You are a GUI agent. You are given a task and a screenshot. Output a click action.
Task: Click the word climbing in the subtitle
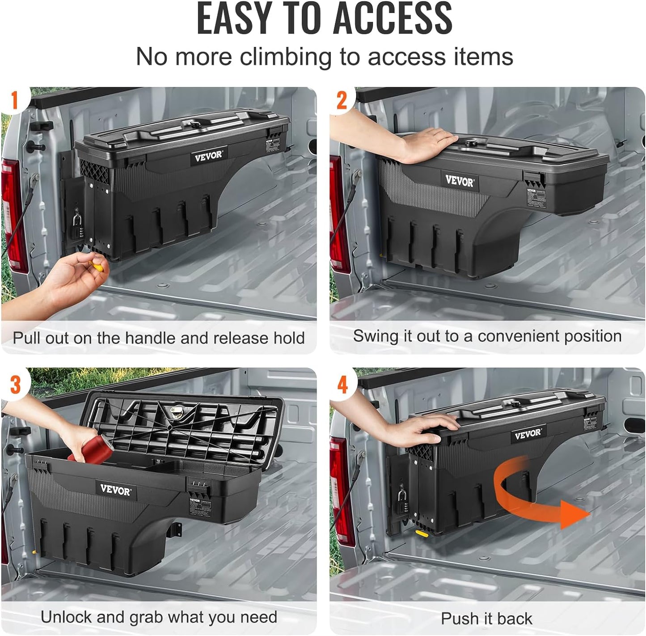287,57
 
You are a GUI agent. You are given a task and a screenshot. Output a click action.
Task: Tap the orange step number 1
14,100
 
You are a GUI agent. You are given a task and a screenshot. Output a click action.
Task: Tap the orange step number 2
342,100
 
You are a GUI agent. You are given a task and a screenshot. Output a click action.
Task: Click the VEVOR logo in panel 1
208,157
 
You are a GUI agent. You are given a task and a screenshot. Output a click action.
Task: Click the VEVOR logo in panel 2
460,181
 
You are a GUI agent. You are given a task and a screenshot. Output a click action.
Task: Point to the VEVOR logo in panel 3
115,490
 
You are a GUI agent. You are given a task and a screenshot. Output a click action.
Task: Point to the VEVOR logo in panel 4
528,434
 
